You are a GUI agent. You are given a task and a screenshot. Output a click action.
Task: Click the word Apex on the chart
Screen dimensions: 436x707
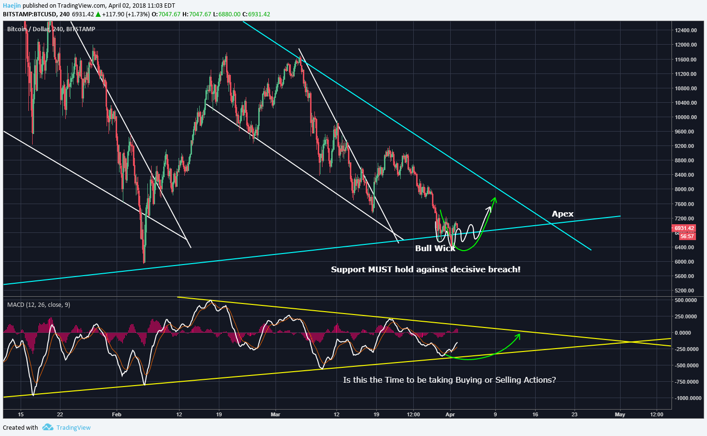pyautogui.click(x=563, y=214)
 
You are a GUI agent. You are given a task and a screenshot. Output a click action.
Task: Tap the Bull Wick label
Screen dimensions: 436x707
pyautogui.click(x=435, y=248)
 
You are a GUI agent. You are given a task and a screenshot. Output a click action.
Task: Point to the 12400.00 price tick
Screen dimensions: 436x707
pyautogui.click(x=685, y=30)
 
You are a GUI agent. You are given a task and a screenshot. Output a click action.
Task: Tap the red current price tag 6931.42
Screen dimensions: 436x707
pyautogui.click(x=684, y=229)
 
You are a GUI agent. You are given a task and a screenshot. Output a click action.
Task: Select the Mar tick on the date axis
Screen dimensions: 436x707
pyautogui.click(x=275, y=414)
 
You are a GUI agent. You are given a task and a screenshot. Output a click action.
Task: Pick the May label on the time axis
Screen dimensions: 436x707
pyautogui.click(x=620, y=414)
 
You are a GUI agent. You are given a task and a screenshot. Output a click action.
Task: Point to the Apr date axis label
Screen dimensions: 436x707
pyautogui.click(x=450, y=414)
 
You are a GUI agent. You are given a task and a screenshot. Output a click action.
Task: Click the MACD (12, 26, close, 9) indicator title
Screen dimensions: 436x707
pyautogui.click(x=38, y=305)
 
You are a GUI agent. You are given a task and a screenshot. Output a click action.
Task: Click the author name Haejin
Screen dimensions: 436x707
pyautogui.click(x=12, y=5)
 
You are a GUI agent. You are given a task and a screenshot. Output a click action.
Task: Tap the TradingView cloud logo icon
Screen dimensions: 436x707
pyautogui.click(x=47, y=427)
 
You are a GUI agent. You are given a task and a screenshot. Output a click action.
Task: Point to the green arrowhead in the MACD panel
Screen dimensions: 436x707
pyautogui.click(x=518, y=336)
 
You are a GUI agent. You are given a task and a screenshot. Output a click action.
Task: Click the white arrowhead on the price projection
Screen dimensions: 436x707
pyautogui.click(x=490, y=208)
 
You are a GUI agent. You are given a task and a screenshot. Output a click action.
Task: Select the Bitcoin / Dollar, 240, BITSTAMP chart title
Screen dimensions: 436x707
pyautogui.click(x=51, y=29)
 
